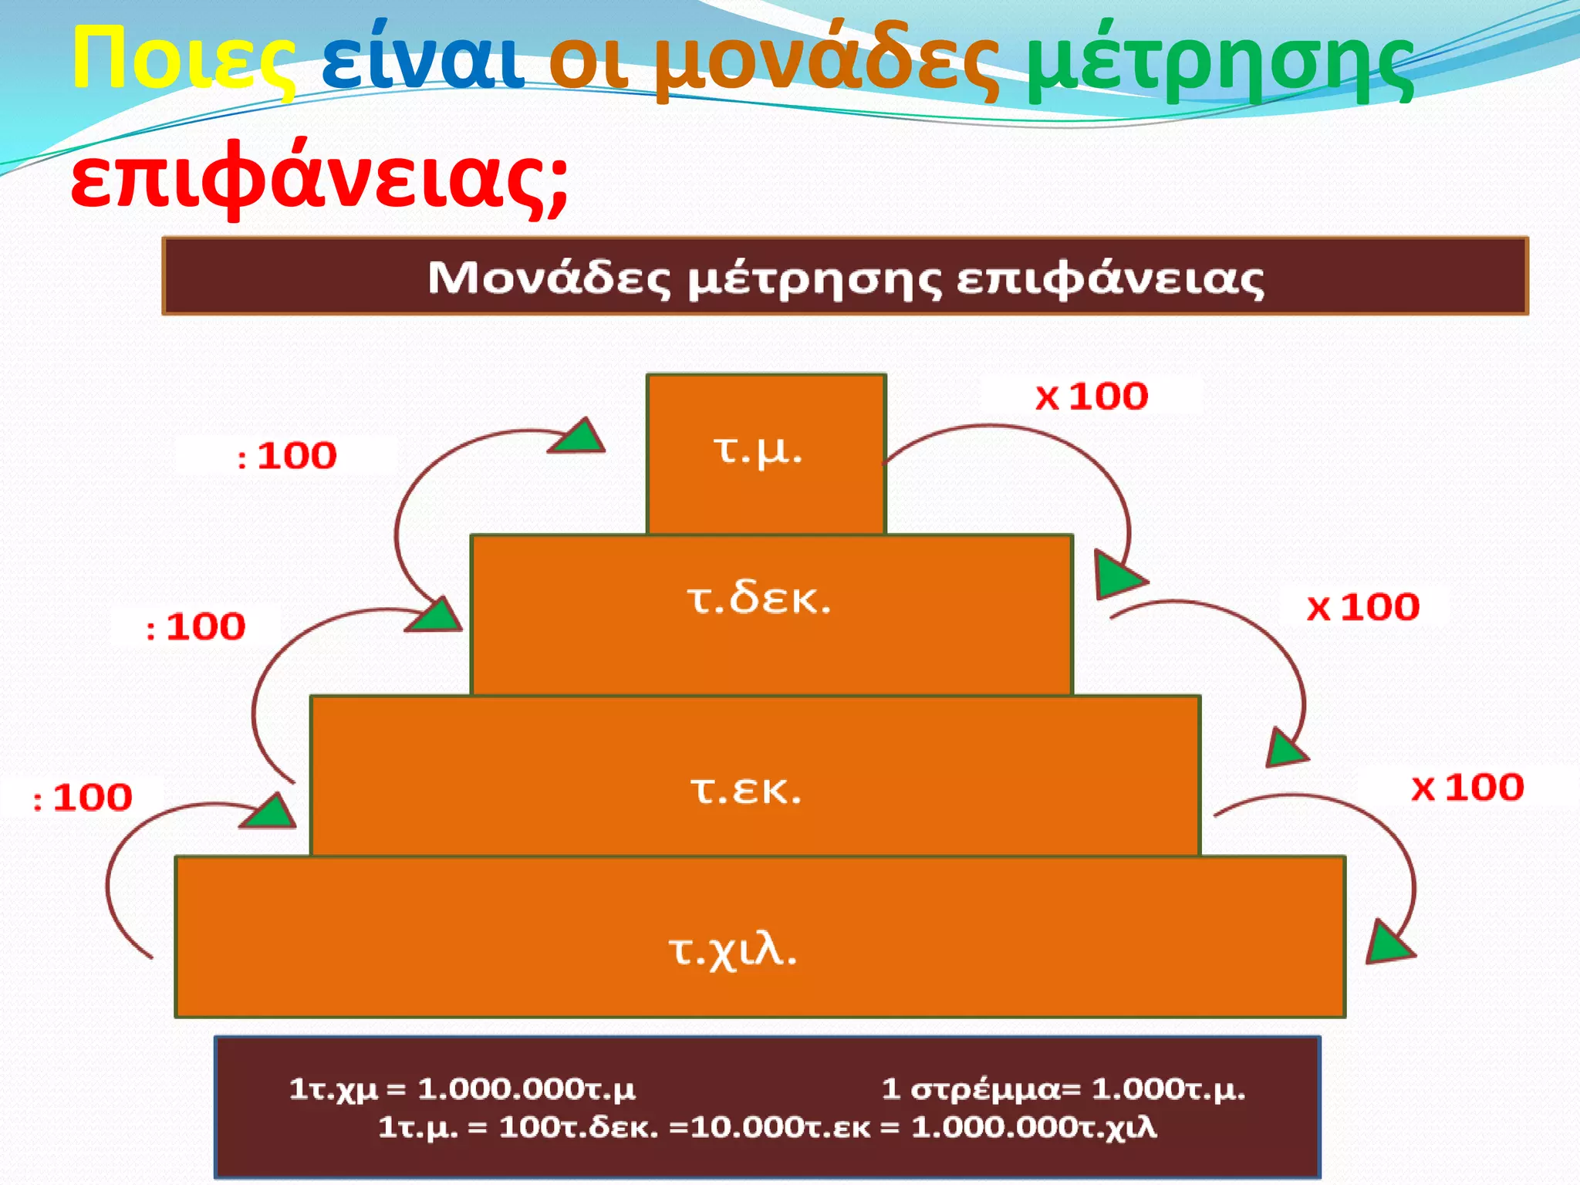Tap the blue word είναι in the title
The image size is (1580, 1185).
point(422,59)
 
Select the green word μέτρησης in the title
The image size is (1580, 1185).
point(1220,62)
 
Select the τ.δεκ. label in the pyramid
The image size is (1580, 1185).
point(759,599)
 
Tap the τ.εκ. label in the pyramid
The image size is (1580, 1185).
point(746,789)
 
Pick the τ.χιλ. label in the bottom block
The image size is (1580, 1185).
point(732,950)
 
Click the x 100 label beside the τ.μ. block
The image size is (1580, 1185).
point(1091,397)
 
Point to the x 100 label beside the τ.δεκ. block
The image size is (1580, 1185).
point(1362,607)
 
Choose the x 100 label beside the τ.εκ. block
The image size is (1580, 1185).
point(1467,788)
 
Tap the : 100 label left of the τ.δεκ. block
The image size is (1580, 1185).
point(196,626)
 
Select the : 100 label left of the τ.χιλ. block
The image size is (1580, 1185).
point(83,798)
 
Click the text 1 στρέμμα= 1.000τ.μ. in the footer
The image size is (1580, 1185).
point(1062,1089)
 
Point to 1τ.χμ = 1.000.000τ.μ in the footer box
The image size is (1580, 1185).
point(462,1089)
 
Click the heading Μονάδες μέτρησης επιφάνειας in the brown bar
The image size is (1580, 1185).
point(845,278)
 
